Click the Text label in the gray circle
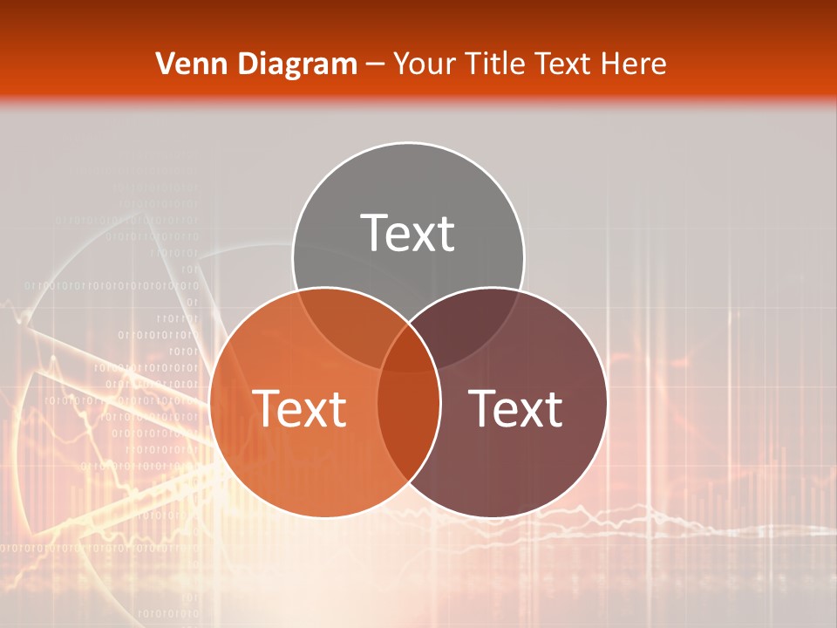407,233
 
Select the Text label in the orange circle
299,407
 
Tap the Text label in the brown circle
515,407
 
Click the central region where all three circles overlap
408,353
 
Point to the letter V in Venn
165,64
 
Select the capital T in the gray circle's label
375,233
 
